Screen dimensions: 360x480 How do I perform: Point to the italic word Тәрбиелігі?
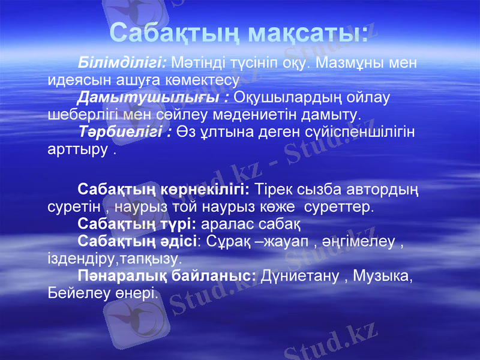[122, 131]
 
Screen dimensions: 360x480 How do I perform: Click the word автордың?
[377, 190]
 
